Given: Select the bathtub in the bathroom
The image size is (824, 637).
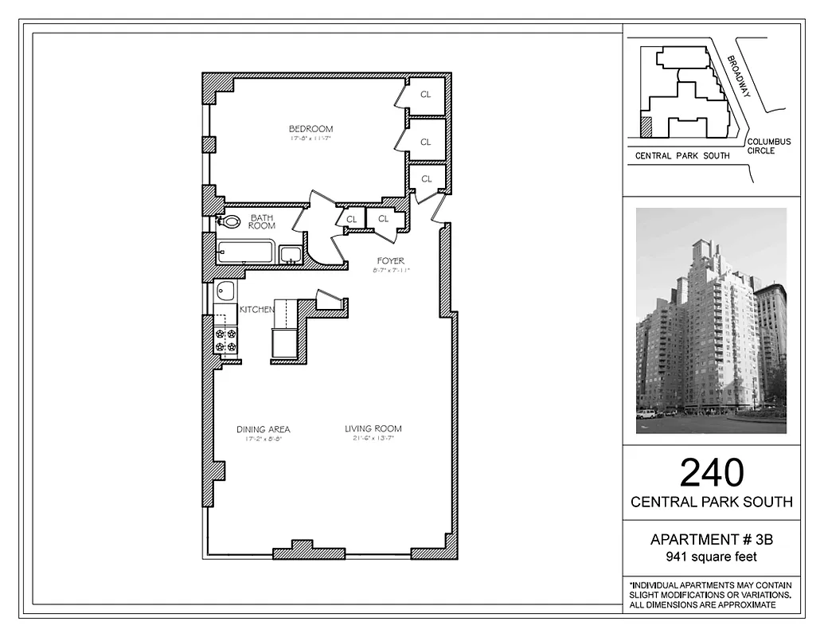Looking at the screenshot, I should (x=246, y=252).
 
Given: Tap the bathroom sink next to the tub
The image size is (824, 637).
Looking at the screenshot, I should (x=291, y=254).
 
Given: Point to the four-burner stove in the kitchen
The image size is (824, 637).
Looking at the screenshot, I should (x=226, y=341).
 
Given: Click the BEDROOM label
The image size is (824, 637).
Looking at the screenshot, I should (x=310, y=129).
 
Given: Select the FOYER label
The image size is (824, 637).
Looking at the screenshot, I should (x=391, y=260).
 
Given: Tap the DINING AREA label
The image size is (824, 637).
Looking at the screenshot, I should (x=263, y=430).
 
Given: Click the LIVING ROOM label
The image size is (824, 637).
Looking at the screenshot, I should (x=373, y=429).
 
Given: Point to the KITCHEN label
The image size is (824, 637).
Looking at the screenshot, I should (x=257, y=310).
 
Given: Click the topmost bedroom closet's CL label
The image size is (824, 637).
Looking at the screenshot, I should (x=426, y=94).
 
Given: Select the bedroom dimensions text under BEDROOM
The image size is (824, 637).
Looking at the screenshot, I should (x=310, y=139).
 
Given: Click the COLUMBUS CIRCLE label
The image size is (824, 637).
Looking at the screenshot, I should (x=769, y=147).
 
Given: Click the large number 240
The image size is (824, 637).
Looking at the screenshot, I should (x=711, y=473).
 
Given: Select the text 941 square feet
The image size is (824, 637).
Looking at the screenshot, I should (x=711, y=557).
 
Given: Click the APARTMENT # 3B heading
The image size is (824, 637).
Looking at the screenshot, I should (x=711, y=540).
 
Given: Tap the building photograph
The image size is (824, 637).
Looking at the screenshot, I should (x=711, y=321).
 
